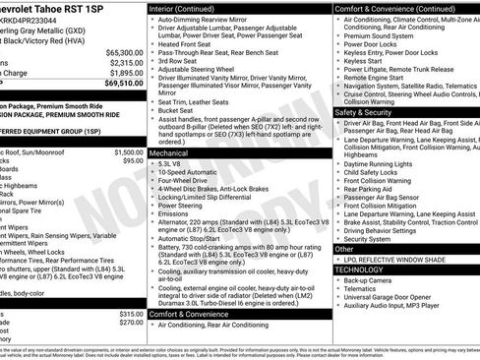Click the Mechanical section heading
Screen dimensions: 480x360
[171, 153]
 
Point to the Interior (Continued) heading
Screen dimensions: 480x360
[190, 7]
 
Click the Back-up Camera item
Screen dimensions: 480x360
[370, 279]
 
